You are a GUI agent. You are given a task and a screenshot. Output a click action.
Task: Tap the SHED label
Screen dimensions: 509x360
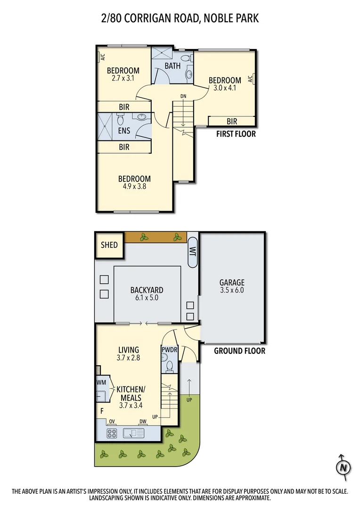109,245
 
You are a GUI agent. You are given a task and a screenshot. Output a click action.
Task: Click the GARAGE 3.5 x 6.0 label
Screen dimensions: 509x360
232,287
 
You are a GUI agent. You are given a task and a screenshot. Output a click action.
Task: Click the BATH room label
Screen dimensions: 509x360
172,66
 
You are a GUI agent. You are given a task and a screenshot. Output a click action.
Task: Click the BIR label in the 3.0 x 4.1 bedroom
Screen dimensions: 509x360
232,122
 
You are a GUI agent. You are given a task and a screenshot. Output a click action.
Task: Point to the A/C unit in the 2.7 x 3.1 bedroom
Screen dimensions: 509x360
102,57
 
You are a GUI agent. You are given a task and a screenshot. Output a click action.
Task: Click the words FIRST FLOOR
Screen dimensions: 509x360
236,134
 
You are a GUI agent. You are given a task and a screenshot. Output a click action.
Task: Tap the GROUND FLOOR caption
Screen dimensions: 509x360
239,351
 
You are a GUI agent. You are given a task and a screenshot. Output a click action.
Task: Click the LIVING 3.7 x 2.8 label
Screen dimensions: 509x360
129,353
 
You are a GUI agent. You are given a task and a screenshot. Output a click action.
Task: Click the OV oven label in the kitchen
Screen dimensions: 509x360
112,421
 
